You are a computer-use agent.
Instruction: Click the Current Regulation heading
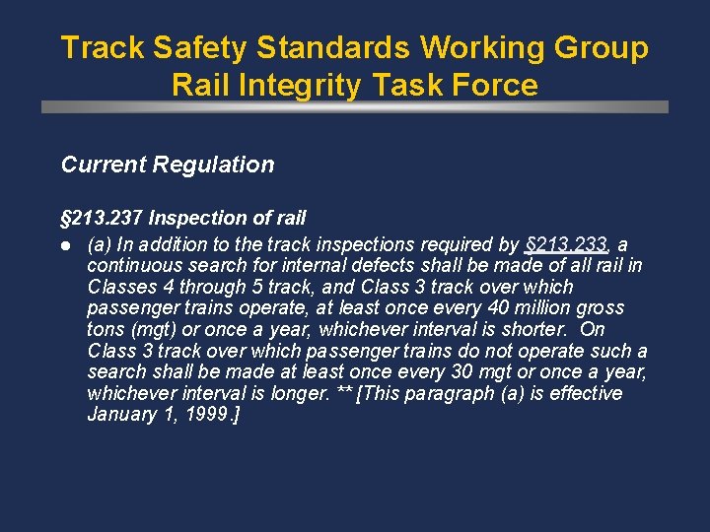(x=168, y=165)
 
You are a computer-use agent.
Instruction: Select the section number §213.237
(x=102, y=218)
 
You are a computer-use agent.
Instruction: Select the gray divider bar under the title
(x=355, y=106)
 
